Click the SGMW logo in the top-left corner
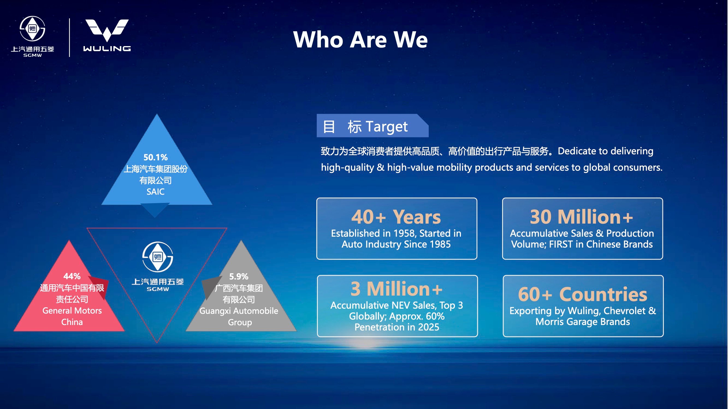click(x=32, y=37)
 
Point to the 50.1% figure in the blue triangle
click(x=155, y=157)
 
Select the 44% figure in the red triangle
click(x=72, y=276)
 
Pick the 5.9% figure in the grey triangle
click(x=238, y=276)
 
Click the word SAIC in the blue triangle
click(x=155, y=192)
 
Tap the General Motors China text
click(x=72, y=316)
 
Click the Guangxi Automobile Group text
click(x=239, y=316)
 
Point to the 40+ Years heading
click(x=396, y=217)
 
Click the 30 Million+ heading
click(x=582, y=217)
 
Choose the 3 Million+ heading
click(x=396, y=289)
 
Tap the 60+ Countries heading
click(x=583, y=294)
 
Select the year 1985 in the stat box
click(x=439, y=244)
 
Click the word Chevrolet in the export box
click(x=625, y=311)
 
